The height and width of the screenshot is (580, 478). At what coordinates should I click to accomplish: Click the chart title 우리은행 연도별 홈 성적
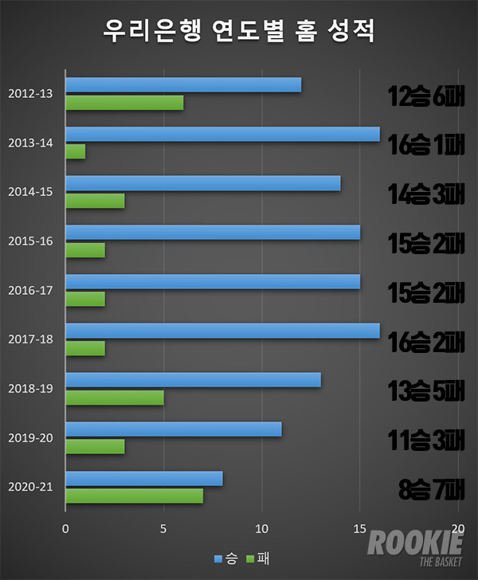point(239,31)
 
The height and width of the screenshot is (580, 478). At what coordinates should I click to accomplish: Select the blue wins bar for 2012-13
point(183,85)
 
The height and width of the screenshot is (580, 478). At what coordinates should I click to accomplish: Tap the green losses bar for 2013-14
point(76,151)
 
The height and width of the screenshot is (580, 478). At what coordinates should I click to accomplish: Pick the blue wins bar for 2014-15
point(203,183)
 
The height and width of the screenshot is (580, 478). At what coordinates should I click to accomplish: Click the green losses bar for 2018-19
point(115,397)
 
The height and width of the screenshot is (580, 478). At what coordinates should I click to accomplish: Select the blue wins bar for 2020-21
point(144,479)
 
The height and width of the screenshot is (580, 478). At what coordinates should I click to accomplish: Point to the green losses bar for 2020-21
point(135,496)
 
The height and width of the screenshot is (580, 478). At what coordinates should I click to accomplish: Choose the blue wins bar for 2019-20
point(174,429)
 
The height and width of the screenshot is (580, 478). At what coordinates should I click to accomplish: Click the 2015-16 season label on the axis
point(30,241)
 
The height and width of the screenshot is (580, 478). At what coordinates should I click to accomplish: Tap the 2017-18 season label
point(30,339)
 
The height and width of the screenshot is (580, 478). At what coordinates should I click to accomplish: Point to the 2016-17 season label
point(30,290)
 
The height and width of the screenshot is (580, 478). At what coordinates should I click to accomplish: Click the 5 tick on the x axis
point(163,527)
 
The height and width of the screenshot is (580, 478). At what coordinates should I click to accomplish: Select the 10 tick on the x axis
point(261,527)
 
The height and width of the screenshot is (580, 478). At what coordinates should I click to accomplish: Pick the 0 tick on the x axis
point(65,527)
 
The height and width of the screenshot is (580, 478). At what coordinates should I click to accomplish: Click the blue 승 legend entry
point(224,557)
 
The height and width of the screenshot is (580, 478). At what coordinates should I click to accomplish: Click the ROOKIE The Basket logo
point(414,547)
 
